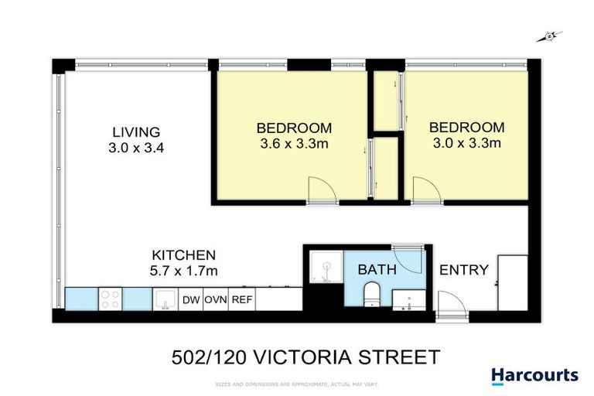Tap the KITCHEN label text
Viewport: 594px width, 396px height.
(183, 254)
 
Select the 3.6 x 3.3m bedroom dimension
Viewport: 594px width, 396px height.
(294, 143)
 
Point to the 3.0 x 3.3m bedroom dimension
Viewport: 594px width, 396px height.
(466, 143)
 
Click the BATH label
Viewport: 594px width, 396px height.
(377, 270)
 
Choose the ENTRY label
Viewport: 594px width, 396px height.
(464, 270)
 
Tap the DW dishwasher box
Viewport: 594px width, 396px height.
(191, 299)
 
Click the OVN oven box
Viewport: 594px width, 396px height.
(215, 299)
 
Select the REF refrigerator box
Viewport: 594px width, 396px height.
(242, 299)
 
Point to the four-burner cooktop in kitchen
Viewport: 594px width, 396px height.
(110, 299)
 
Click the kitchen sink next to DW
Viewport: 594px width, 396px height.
(165, 299)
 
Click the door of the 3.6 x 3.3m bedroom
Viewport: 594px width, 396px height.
(319, 190)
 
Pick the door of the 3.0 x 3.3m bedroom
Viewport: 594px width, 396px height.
(424, 190)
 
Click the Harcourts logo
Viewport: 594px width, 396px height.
(534, 376)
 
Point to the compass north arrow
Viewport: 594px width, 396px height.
(550, 35)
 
